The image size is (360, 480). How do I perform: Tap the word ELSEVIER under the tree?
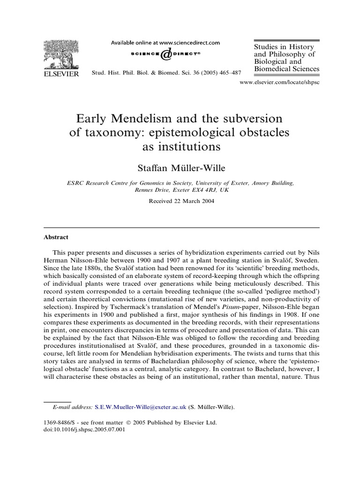tap(61, 74)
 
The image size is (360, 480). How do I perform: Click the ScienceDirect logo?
tap(165, 54)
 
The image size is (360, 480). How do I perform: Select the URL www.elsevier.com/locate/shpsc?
tap(279, 82)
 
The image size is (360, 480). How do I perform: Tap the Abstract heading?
tap(56, 237)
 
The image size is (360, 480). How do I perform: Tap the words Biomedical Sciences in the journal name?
tap(286, 69)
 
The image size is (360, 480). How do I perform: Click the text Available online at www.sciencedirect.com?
tap(165, 43)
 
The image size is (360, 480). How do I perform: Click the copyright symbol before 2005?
tap(129, 422)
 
